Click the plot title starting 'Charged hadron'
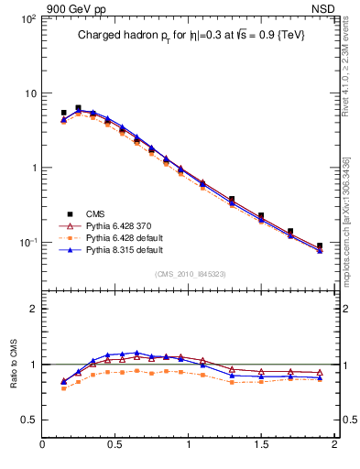coord(190,36)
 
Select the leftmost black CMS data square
coord(63,113)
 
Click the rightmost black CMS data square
coord(320,245)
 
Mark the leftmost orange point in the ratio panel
coord(63,388)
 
